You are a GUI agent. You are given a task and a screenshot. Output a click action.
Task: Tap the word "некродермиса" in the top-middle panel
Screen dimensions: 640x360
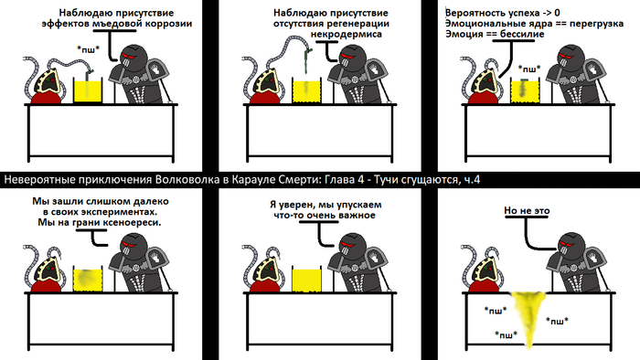(347, 34)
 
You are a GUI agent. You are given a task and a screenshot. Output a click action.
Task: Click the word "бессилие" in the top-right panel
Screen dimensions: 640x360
(522, 34)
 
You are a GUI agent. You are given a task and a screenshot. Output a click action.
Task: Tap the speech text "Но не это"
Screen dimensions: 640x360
(527, 210)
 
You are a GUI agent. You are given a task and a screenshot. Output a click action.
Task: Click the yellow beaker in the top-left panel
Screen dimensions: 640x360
(88, 90)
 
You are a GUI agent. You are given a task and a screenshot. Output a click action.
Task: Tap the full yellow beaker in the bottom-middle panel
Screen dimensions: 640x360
(306, 280)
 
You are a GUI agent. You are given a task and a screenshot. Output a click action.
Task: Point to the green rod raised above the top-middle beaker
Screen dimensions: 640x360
(306, 61)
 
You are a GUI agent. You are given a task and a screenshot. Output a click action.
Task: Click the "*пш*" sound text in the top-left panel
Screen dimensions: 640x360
(89, 49)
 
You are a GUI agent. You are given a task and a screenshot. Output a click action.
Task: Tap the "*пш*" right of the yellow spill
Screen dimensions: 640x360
(557, 321)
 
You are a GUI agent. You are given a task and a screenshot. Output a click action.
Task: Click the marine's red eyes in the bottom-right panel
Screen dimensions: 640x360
(566, 245)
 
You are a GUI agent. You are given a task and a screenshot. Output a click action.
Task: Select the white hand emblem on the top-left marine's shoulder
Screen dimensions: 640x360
(155, 69)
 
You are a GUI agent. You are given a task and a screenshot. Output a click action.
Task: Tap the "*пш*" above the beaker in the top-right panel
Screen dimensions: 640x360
(529, 69)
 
